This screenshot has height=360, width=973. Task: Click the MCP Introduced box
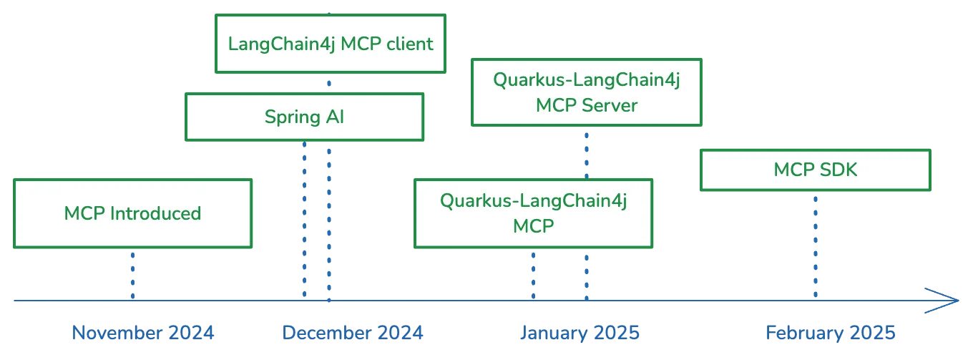(x=133, y=213)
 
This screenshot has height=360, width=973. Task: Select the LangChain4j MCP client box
(x=331, y=44)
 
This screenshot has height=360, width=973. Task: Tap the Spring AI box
(x=305, y=117)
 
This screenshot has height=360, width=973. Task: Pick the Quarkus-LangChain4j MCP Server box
(x=587, y=92)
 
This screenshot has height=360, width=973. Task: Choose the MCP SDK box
(x=816, y=170)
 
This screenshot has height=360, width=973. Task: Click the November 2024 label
(x=143, y=333)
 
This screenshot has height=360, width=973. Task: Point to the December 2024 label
(x=353, y=333)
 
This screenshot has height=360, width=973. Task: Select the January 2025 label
(x=580, y=333)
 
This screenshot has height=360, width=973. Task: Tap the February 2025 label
(x=831, y=333)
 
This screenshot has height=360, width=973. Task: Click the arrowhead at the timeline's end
(x=958, y=301)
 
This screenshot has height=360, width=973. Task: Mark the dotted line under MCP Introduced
(x=133, y=276)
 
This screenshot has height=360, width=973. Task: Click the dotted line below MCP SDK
(x=816, y=247)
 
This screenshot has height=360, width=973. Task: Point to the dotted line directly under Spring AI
(x=305, y=220)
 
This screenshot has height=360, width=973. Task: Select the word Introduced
(x=155, y=213)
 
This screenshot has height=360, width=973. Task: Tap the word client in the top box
(x=410, y=44)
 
